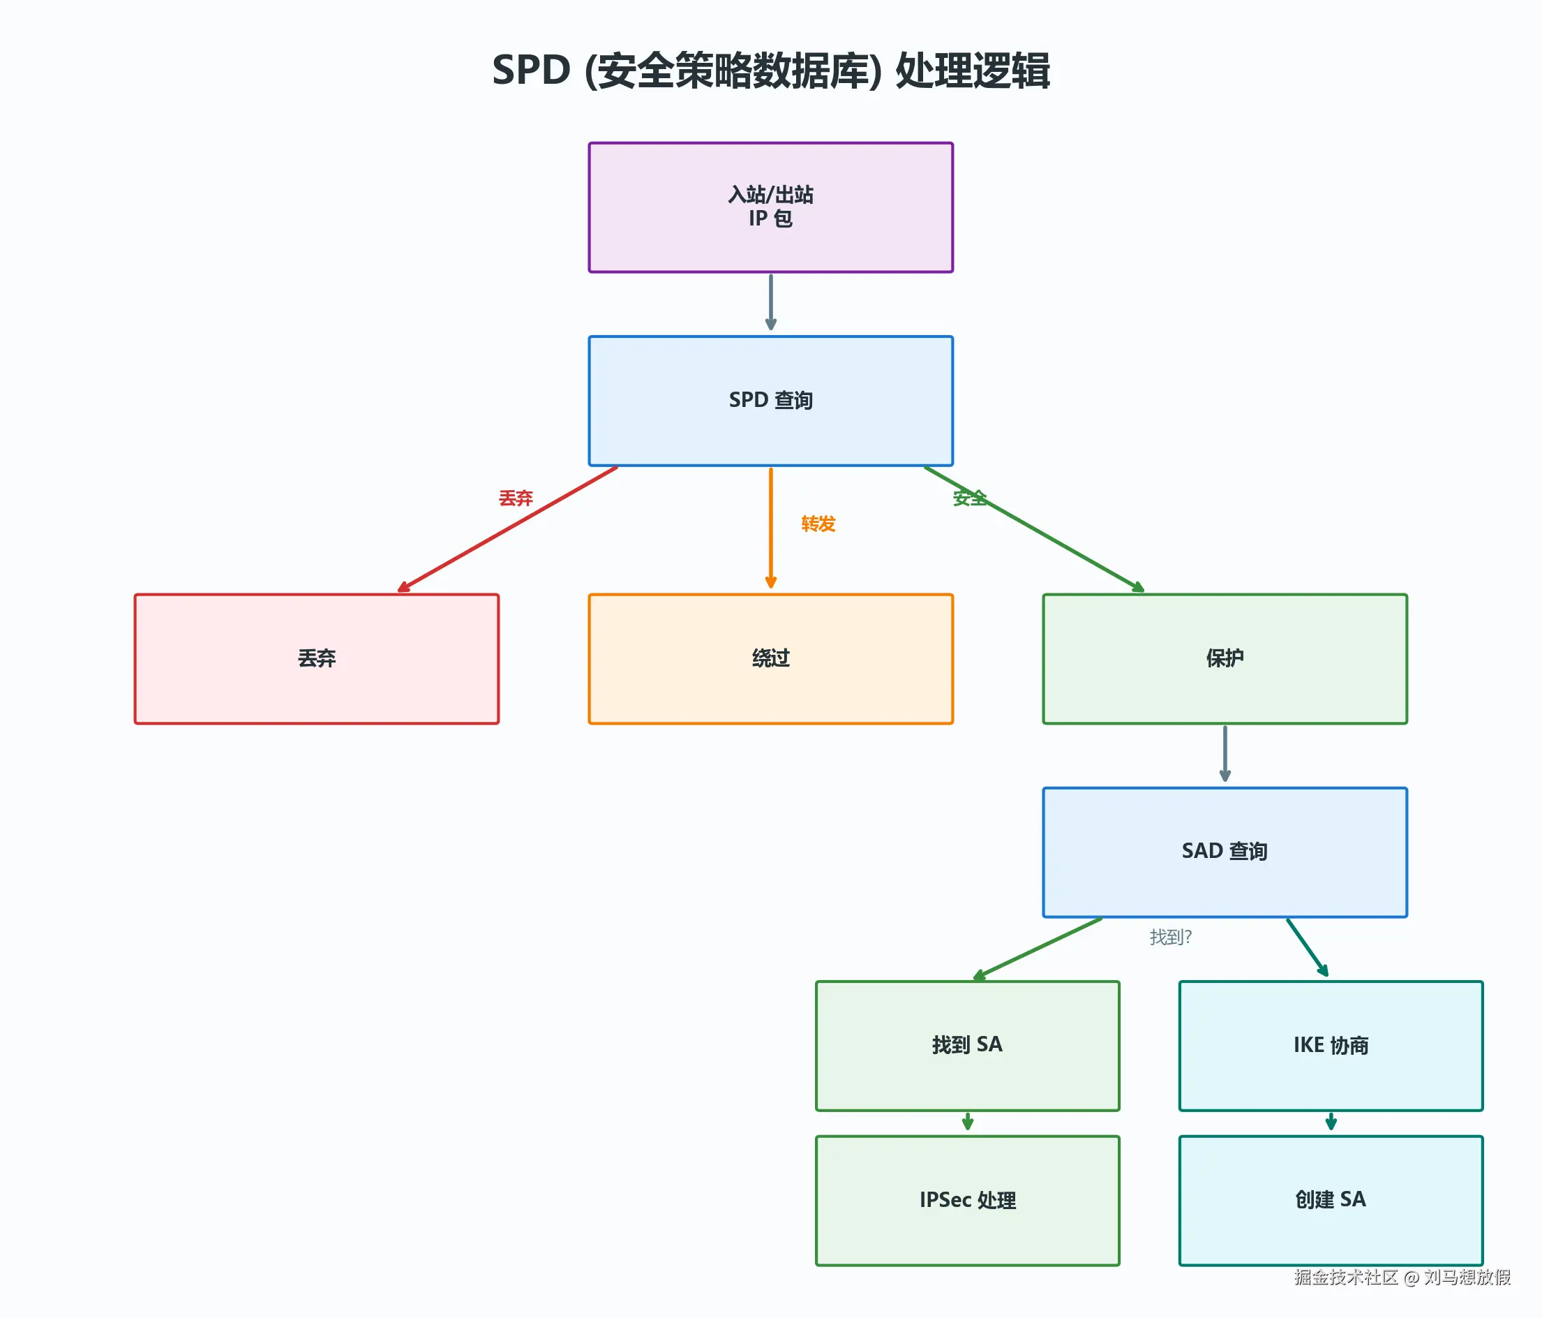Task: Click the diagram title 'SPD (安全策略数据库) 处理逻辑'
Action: pos(770,71)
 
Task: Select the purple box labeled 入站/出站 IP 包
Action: pos(770,207)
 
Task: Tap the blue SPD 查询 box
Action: pos(770,401)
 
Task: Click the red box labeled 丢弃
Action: pos(316,658)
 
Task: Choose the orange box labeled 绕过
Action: pos(770,658)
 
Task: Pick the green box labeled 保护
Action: pos(1225,658)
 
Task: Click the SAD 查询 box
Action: pos(1225,851)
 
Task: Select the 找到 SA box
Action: pos(967,1045)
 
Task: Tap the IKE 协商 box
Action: pos(1331,1045)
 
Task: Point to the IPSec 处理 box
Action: pos(967,1199)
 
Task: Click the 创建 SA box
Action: pos(1331,1199)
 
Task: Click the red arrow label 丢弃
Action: pos(516,498)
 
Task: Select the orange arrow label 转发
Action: pos(818,524)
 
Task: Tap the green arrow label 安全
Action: pos(970,498)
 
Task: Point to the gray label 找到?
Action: pos(1170,937)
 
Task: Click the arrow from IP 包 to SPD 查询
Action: pos(770,302)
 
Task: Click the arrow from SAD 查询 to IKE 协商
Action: pos(1307,947)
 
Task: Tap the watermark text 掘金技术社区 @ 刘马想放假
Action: pos(1402,1277)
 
